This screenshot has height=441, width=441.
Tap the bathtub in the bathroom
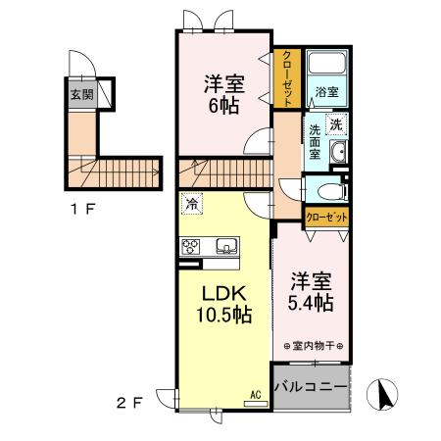click(x=325, y=65)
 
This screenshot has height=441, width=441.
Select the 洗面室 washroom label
click(x=316, y=142)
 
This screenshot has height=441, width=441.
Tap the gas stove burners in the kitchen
click(x=191, y=246)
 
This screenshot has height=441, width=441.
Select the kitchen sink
click(x=225, y=245)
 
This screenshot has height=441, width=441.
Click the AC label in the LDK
click(x=255, y=395)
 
